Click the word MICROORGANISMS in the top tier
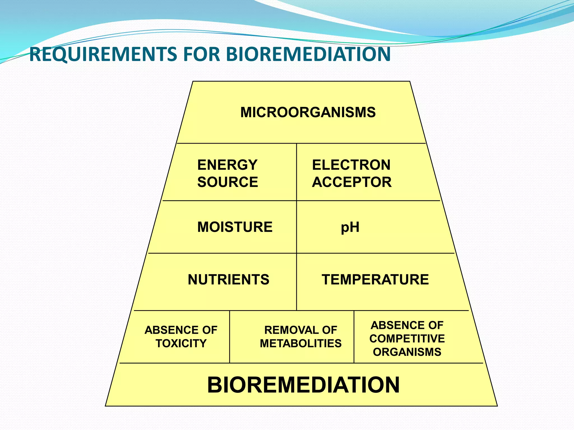click(x=308, y=112)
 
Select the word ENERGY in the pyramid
click(x=227, y=165)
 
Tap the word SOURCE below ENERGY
click(x=228, y=182)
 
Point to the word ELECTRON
click(x=351, y=165)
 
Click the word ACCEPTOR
click(x=352, y=182)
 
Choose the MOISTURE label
click(x=235, y=227)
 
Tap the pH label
click(x=350, y=227)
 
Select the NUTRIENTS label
click(x=228, y=279)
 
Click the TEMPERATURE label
click(x=375, y=279)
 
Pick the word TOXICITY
click(x=181, y=343)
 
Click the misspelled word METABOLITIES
click(x=300, y=343)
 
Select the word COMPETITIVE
click(x=407, y=338)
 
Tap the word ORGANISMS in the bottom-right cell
click(x=407, y=352)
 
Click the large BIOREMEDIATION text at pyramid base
click(x=303, y=385)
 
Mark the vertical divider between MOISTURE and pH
click(x=297, y=227)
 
